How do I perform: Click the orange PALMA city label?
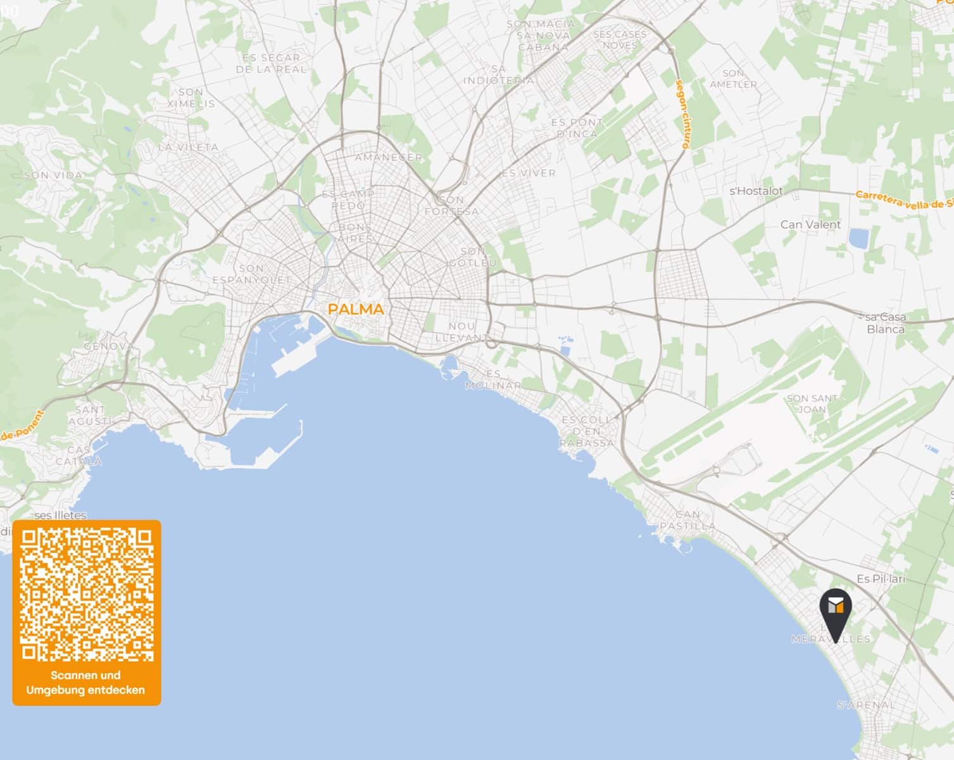[x=356, y=309]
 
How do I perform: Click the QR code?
[x=87, y=594]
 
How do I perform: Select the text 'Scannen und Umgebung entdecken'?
[x=85, y=683]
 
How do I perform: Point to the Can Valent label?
[x=810, y=225]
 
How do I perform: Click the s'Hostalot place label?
[x=756, y=191]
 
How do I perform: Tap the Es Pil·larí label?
[x=881, y=579]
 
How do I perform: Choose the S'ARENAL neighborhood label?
[x=866, y=705]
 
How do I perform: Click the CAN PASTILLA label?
[x=687, y=520]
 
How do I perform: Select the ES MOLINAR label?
[x=493, y=379]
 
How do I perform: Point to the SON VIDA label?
[x=54, y=175]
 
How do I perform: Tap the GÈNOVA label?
[x=110, y=346]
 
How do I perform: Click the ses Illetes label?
[x=61, y=515]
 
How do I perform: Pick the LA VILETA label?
[x=188, y=148]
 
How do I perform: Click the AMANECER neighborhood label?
[x=388, y=157]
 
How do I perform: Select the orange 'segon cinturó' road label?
[x=682, y=114]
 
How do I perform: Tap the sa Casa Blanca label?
[x=886, y=323]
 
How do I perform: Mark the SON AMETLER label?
[x=733, y=79]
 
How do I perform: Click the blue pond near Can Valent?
[x=859, y=238]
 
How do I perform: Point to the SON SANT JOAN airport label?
[x=812, y=403]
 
